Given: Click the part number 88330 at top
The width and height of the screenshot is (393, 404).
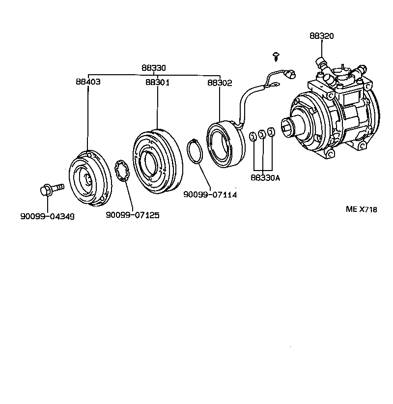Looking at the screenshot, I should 154,68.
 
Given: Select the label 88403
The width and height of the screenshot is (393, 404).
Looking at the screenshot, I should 88,83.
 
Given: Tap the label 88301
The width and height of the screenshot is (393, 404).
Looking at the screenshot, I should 157,83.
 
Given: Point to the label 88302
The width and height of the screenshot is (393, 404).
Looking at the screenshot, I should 219,83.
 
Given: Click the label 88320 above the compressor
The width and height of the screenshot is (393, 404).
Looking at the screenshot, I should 321,36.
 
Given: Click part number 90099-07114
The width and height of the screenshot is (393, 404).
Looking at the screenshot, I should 210,195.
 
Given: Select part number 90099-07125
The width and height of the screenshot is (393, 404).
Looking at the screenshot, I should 133,215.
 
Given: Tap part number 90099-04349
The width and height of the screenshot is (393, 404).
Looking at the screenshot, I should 48,216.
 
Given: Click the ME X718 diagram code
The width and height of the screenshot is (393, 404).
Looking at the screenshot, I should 361,209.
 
